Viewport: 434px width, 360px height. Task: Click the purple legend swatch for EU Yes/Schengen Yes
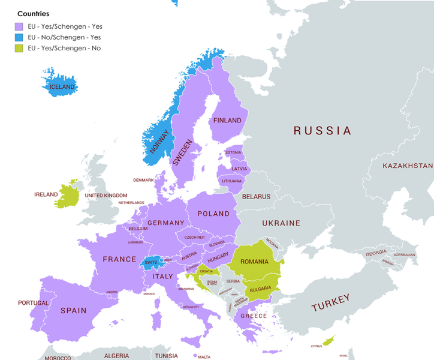[19, 26]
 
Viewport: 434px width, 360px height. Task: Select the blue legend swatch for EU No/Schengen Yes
[19, 37]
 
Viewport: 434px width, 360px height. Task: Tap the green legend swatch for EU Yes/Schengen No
[19, 48]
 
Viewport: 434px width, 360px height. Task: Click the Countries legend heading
[34, 13]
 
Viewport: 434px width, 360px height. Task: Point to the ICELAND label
[62, 87]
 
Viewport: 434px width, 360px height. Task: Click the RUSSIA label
[322, 130]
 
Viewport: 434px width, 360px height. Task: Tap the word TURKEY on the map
[330, 304]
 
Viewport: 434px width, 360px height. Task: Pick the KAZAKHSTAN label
[408, 166]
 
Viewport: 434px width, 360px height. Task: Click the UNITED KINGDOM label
[106, 196]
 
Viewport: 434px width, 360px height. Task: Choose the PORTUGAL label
[33, 303]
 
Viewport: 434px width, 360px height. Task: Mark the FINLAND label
[228, 121]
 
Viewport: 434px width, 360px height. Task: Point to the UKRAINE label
[281, 223]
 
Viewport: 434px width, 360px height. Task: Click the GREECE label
[254, 316]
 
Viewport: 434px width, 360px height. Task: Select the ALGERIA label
[112, 356]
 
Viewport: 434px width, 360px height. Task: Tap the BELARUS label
[256, 196]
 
